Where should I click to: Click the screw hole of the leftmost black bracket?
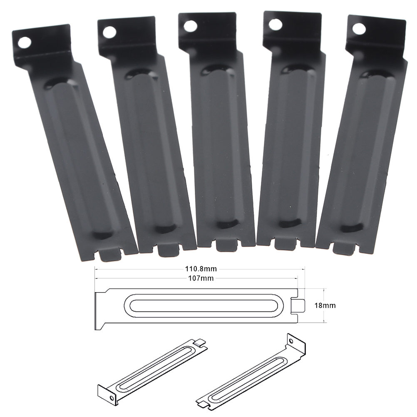[25, 43]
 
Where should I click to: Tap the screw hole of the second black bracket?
[109, 32]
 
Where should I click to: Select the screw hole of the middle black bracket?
[191, 26]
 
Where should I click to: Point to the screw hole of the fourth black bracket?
[275, 24]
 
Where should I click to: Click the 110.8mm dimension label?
[201, 269]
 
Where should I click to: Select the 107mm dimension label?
[201, 278]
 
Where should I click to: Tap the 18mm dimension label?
[325, 305]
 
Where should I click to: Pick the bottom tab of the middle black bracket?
[226, 245]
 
